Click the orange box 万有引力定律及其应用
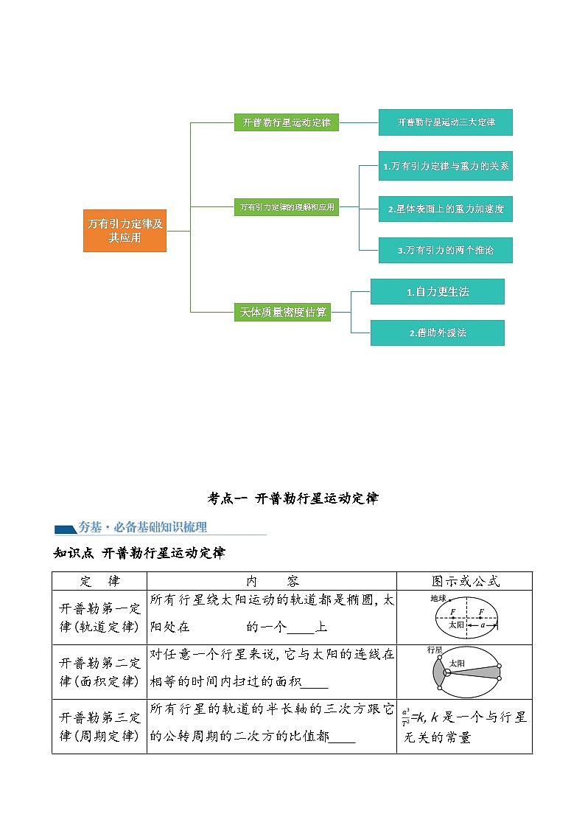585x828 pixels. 125,231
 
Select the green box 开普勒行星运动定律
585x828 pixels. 287,122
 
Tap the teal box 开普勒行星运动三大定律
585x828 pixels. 445,122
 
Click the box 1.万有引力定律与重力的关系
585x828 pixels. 445,167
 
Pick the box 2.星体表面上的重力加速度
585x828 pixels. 445,209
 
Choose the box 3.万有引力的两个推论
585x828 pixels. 445,250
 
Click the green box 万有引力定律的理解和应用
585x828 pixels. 287,207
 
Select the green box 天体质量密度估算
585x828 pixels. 282,312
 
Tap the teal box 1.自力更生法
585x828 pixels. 437,291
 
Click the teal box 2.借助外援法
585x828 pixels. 437,333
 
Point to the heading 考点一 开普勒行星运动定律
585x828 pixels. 292,498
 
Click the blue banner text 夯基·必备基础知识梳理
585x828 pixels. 142,527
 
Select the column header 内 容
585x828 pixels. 272,581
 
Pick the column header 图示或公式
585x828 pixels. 464,581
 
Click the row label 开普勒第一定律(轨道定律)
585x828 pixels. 99,618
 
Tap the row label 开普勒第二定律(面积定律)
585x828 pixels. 99,672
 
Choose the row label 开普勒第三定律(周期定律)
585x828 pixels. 99,726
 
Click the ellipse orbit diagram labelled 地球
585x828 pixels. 465,617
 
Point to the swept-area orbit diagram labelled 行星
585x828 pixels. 464,672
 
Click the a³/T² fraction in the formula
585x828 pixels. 406,716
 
